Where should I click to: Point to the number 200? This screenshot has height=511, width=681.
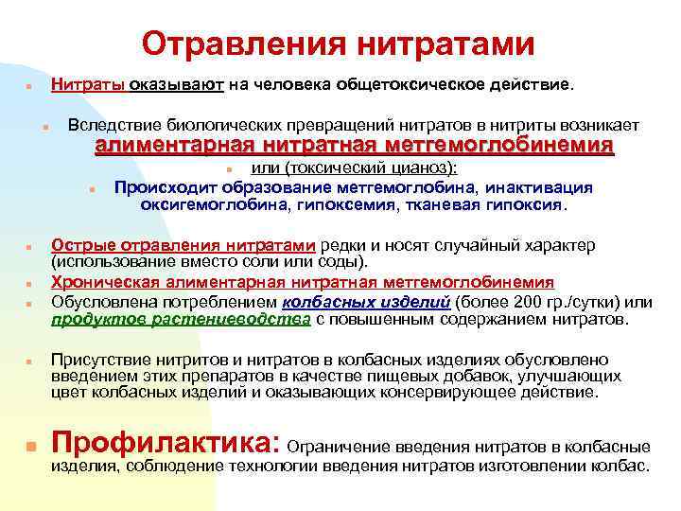pyautogui.click(x=515, y=302)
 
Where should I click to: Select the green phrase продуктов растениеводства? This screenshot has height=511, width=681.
pyautogui.click(x=181, y=320)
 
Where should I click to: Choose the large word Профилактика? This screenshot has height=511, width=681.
pyautogui.click(x=163, y=442)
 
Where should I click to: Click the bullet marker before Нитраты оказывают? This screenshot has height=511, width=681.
pyautogui.click(x=30, y=85)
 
